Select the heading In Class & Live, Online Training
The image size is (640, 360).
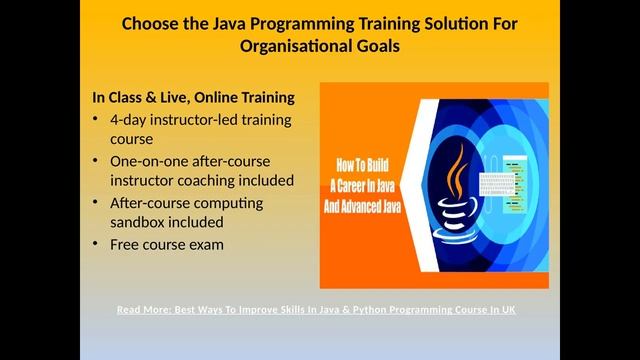point(193,98)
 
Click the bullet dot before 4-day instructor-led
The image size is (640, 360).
point(96,120)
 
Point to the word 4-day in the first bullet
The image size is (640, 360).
point(129,119)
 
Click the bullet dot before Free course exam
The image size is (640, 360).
point(96,245)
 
